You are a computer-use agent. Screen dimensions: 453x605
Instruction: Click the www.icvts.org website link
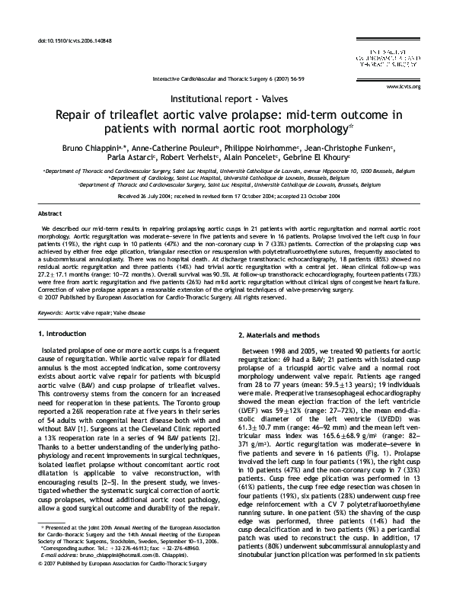[426, 87]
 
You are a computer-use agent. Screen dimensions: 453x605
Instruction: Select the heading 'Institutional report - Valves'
[226, 99]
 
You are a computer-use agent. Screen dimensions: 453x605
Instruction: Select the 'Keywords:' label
[49, 312]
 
